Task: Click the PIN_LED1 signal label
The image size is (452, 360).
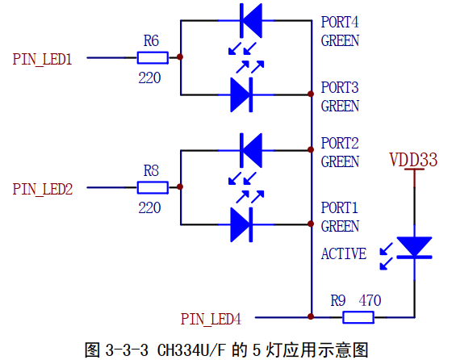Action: tap(43, 59)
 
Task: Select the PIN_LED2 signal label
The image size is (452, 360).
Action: tap(43, 189)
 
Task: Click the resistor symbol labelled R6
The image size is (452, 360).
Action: tap(152, 57)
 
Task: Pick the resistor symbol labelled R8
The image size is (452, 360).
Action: tap(152, 188)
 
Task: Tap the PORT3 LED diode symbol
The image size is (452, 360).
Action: tap(244, 94)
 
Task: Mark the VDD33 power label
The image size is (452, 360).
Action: tap(413, 158)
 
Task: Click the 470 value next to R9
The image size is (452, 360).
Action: tap(370, 300)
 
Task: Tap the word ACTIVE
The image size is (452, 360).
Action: tap(343, 253)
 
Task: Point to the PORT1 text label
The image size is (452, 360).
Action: tap(340, 208)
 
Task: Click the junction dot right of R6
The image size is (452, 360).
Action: tap(180, 57)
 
